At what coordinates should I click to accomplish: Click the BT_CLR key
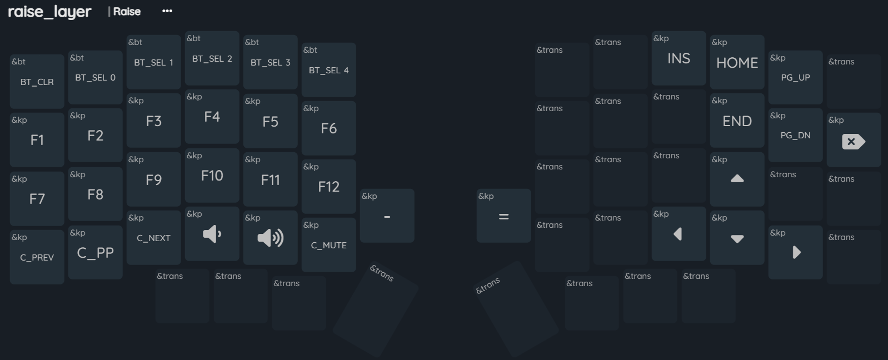[x=37, y=82]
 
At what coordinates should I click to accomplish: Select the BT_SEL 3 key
[x=271, y=63]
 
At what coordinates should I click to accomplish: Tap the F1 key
[x=37, y=140]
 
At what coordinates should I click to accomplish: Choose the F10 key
[x=212, y=176]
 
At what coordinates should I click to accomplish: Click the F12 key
[x=329, y=187]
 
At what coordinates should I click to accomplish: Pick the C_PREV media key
[x=37, y=258]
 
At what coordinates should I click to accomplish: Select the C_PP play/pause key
[x=96, y=253]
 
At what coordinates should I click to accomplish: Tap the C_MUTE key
[x=329, y=246]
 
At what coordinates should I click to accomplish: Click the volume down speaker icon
[x=212, y=234]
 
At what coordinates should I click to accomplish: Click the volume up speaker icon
[x=271, y=238]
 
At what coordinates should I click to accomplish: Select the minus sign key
[x=387, y=217]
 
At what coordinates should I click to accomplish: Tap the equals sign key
[x=504, y=217]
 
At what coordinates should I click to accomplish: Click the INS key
[x=679, y=59]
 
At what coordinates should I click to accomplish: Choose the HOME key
[x=737, y=63]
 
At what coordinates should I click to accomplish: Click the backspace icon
[x=854, y=142]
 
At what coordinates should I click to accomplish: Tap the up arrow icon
[x=737, y=179]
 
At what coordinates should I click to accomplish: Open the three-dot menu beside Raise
[x=167, y=11]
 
